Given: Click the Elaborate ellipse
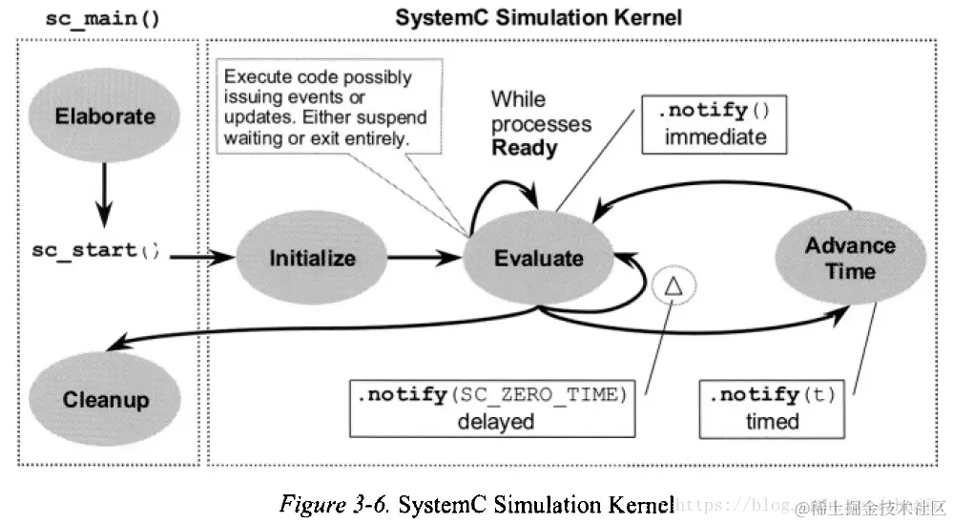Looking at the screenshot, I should pyautogui.click(x=105, y=117).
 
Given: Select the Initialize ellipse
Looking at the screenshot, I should pyautogui.click(x=312, y=258).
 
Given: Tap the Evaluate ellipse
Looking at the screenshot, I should pyautogui.click(x=539, y=258).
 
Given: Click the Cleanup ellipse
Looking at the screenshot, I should pyautogui.click(x=105, y=398).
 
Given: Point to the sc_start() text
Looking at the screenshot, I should pyautogui.click(x=95, y=251).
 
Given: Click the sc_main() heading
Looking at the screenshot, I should pyautogui.click(x=102, y=17).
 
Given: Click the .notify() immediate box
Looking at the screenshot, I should pyautogui.click(x=715, y=123).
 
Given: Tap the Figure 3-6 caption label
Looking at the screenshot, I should pyautogui.click(x=334, y=503).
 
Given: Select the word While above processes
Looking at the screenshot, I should pyautogui.click(x=519, y=99).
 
